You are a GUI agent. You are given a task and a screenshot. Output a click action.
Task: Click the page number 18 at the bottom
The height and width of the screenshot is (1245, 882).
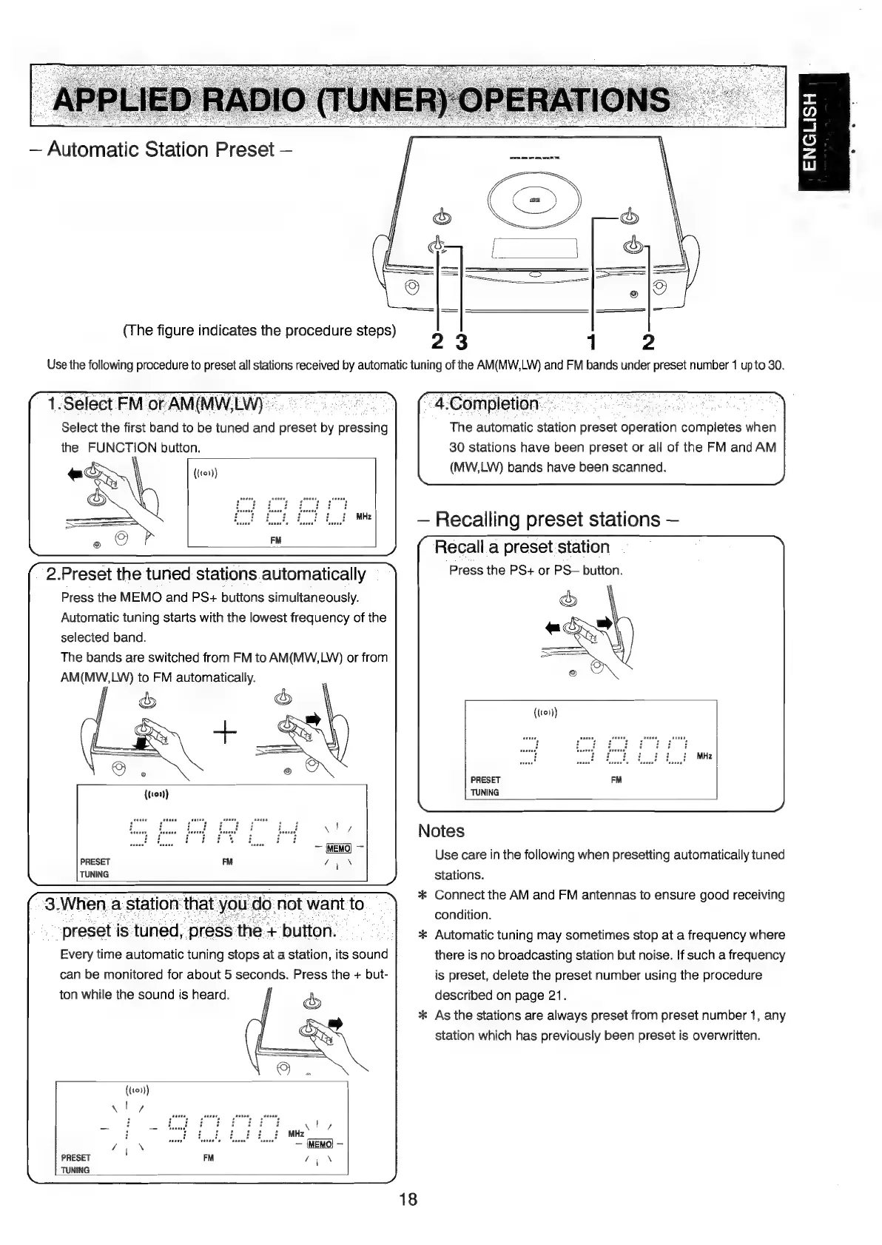click(408, 1199)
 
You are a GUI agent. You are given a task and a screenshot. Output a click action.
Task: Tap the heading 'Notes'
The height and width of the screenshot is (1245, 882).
click(441, 831)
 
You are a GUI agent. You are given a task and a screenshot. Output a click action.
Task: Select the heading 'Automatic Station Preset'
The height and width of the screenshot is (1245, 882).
click(169, 150)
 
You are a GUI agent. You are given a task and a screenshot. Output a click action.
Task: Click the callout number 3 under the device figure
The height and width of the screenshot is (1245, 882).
click(461, 343)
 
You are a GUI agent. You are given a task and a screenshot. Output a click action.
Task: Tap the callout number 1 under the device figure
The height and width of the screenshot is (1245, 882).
click(590, 343)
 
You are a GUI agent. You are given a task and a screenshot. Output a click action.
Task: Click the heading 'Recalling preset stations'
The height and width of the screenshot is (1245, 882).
click(548, 520)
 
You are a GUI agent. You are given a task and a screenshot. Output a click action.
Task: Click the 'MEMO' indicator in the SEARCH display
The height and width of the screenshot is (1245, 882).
click(337, 849)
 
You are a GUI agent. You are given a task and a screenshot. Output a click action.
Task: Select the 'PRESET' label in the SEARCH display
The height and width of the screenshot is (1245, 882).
click(95, 862)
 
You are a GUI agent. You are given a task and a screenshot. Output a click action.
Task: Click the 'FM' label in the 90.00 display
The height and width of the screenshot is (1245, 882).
click(208, 1157)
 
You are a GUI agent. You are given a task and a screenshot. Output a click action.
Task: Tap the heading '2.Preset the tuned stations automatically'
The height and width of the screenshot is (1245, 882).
click(206, 574)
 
